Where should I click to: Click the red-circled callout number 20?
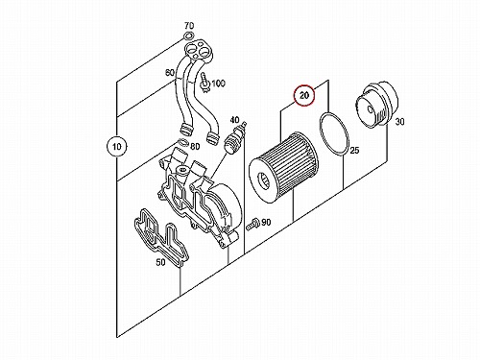304,95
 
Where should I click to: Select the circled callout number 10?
117,147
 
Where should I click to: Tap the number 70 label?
189,26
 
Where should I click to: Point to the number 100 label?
219,84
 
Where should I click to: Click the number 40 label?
234,120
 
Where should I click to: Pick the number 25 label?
354,150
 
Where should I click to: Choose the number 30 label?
399,122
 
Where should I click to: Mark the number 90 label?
266,222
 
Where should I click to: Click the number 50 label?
160,262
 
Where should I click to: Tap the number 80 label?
195,147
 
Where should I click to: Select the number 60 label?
170,73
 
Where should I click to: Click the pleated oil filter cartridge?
284,167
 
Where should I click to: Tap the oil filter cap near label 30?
377,105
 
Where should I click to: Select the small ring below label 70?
189,36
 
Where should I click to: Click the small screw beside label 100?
205,83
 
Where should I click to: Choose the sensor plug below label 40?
234,138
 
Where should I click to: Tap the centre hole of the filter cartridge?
265,181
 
